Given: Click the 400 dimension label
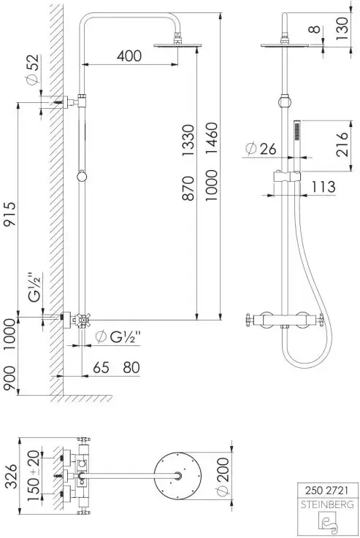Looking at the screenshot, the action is coord(129,55).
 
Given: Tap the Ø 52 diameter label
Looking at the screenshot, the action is coord(32,69).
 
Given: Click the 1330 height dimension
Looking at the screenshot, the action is coord(188,141).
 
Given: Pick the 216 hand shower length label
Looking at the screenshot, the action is coord(342,144).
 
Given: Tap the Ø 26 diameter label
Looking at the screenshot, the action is coord(261,149).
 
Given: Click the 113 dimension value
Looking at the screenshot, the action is coord(323,187).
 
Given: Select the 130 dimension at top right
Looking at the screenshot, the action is coord(342,28).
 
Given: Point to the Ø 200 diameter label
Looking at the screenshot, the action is coord(223,477).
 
